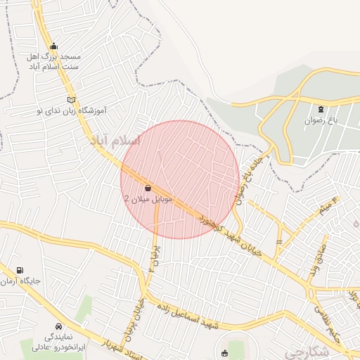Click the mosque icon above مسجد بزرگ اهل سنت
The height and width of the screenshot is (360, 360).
pos(53,46)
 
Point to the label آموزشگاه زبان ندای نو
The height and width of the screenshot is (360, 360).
pos(70,110)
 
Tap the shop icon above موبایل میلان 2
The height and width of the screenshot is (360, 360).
pos(148,188)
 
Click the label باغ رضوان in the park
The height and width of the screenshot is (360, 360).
pos(321,120)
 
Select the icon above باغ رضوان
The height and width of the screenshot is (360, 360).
pos(321,109)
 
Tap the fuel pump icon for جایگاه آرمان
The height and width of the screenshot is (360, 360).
pos(18,270)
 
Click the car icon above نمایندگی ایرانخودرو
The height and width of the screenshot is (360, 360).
pos(58,327)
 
